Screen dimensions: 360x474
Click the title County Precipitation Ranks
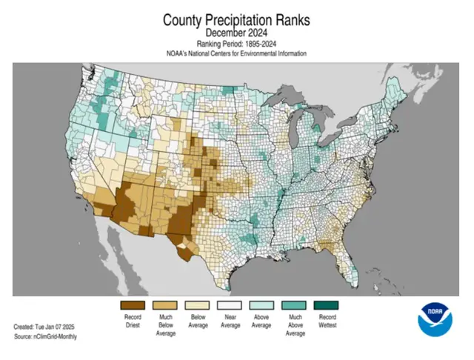coord(236,19)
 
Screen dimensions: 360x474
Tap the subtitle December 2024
coord(236,34)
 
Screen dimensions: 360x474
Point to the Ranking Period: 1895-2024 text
coord(236,44)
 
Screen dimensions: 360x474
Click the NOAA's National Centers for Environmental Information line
coord(236,54)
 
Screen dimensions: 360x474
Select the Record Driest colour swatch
coord(133,304)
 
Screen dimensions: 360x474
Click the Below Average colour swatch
coord(198,304)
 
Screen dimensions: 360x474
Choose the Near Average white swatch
coord(230,304)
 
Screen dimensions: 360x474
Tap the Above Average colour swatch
coord(263,304)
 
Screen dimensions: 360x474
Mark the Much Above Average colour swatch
coord(296,304)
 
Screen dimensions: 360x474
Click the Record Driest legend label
coord(133,320)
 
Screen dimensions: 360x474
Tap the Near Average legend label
coord(230,320)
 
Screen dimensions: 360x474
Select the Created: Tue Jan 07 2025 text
coord(45,327)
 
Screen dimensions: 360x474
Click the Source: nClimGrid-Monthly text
coord(45,337)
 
